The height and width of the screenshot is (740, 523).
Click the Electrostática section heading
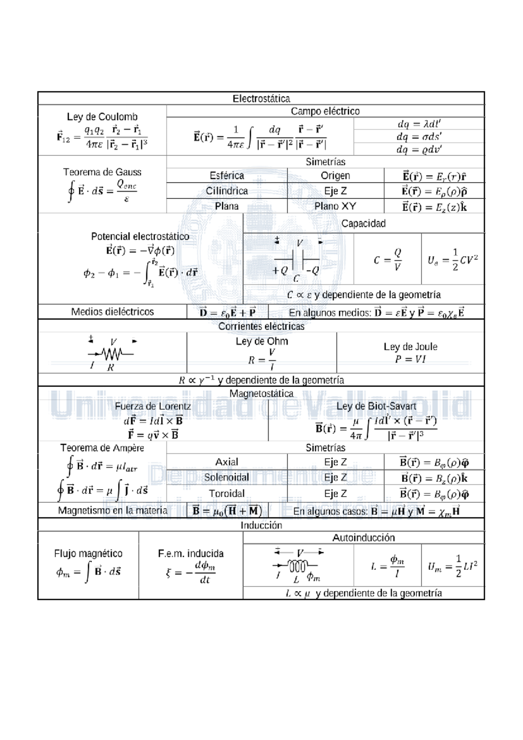pos(261,99)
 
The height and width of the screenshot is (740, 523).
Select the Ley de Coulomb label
pos(102,117)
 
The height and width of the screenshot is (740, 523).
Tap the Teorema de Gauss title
pos(102,172)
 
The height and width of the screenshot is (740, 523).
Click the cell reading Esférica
pos(227,175)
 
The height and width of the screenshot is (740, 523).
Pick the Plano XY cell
pos(335,206)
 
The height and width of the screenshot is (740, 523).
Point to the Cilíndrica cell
pos(227,191)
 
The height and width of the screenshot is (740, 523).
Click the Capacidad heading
pos(363,223)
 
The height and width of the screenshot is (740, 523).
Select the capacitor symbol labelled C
pos(298,260)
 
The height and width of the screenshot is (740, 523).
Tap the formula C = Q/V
pos(387,260)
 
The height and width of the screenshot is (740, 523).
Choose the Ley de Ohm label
pos(261,341)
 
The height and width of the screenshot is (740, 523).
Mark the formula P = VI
pos(410,359)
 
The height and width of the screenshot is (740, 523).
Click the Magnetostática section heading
pos(261,393)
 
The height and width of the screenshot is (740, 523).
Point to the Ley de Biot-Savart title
pos(376,406)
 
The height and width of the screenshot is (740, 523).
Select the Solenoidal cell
pos(227,477)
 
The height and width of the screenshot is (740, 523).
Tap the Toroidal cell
pos(227,493)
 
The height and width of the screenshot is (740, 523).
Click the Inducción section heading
pos(261,525)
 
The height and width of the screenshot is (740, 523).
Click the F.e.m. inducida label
pos(190,553)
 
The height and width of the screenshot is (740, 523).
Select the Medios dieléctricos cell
pos(112,312)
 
